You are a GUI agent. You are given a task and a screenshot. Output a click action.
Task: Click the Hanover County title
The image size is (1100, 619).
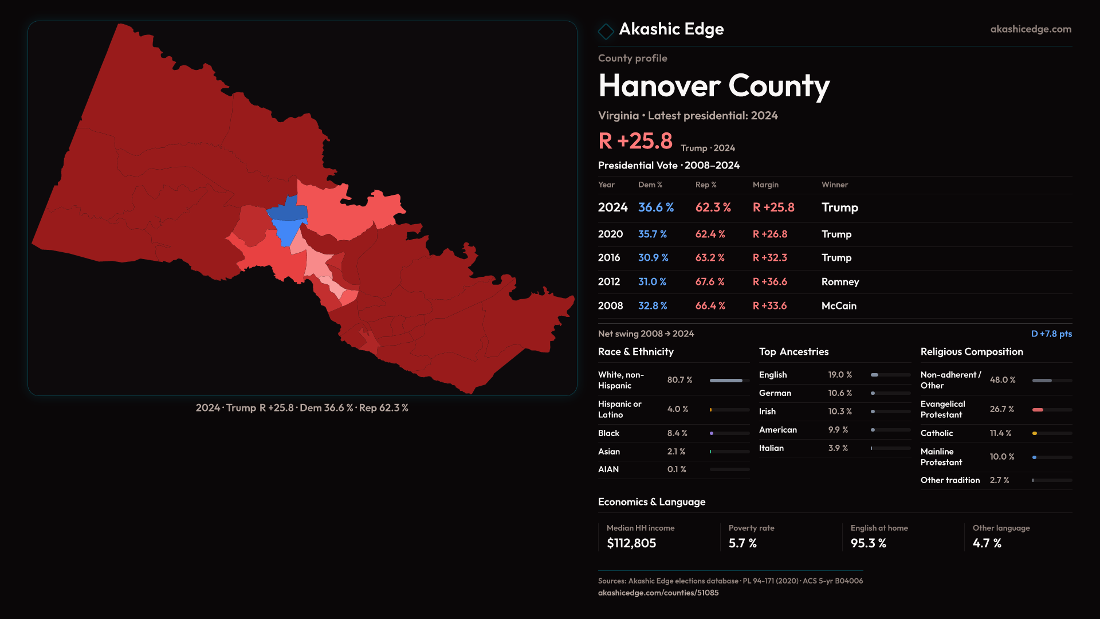point(714,86)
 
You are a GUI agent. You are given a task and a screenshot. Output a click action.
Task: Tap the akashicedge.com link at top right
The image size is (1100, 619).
point(1031,29)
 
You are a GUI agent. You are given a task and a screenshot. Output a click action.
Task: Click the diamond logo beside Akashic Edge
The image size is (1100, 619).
point(606,31)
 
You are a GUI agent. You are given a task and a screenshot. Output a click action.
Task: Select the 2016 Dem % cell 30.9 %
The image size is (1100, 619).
point(653,258)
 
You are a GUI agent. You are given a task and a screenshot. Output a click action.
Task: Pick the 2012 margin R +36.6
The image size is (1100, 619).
point(770,282)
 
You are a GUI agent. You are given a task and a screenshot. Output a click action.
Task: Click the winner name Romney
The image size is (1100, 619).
point(840,282)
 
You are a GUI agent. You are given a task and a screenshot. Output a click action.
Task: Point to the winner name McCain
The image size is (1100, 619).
point(839,306)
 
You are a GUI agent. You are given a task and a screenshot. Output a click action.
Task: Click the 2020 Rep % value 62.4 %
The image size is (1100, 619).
point(710,234)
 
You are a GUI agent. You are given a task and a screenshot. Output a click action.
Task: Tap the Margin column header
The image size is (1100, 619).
point(765,185)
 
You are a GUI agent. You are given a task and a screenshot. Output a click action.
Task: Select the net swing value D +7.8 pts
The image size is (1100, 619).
point(1051,334)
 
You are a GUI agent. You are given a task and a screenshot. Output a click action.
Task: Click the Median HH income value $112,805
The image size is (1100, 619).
point(631,543)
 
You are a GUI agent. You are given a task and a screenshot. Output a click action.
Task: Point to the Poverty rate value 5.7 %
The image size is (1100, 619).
point(742,543)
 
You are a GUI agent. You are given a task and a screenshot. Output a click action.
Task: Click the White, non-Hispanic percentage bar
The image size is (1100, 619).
point(726,381)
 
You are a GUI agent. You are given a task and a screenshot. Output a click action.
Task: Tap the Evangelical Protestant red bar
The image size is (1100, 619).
point(1038,410)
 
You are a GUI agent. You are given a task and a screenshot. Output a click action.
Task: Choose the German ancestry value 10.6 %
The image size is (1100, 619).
point(840,393)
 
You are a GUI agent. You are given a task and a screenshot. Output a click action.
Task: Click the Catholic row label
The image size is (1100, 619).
point(937,433)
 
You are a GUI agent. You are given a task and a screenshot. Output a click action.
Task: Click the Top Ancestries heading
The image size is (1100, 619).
point(793,352)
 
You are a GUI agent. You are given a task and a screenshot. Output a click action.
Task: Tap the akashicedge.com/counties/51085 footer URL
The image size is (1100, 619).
point(658,593)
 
